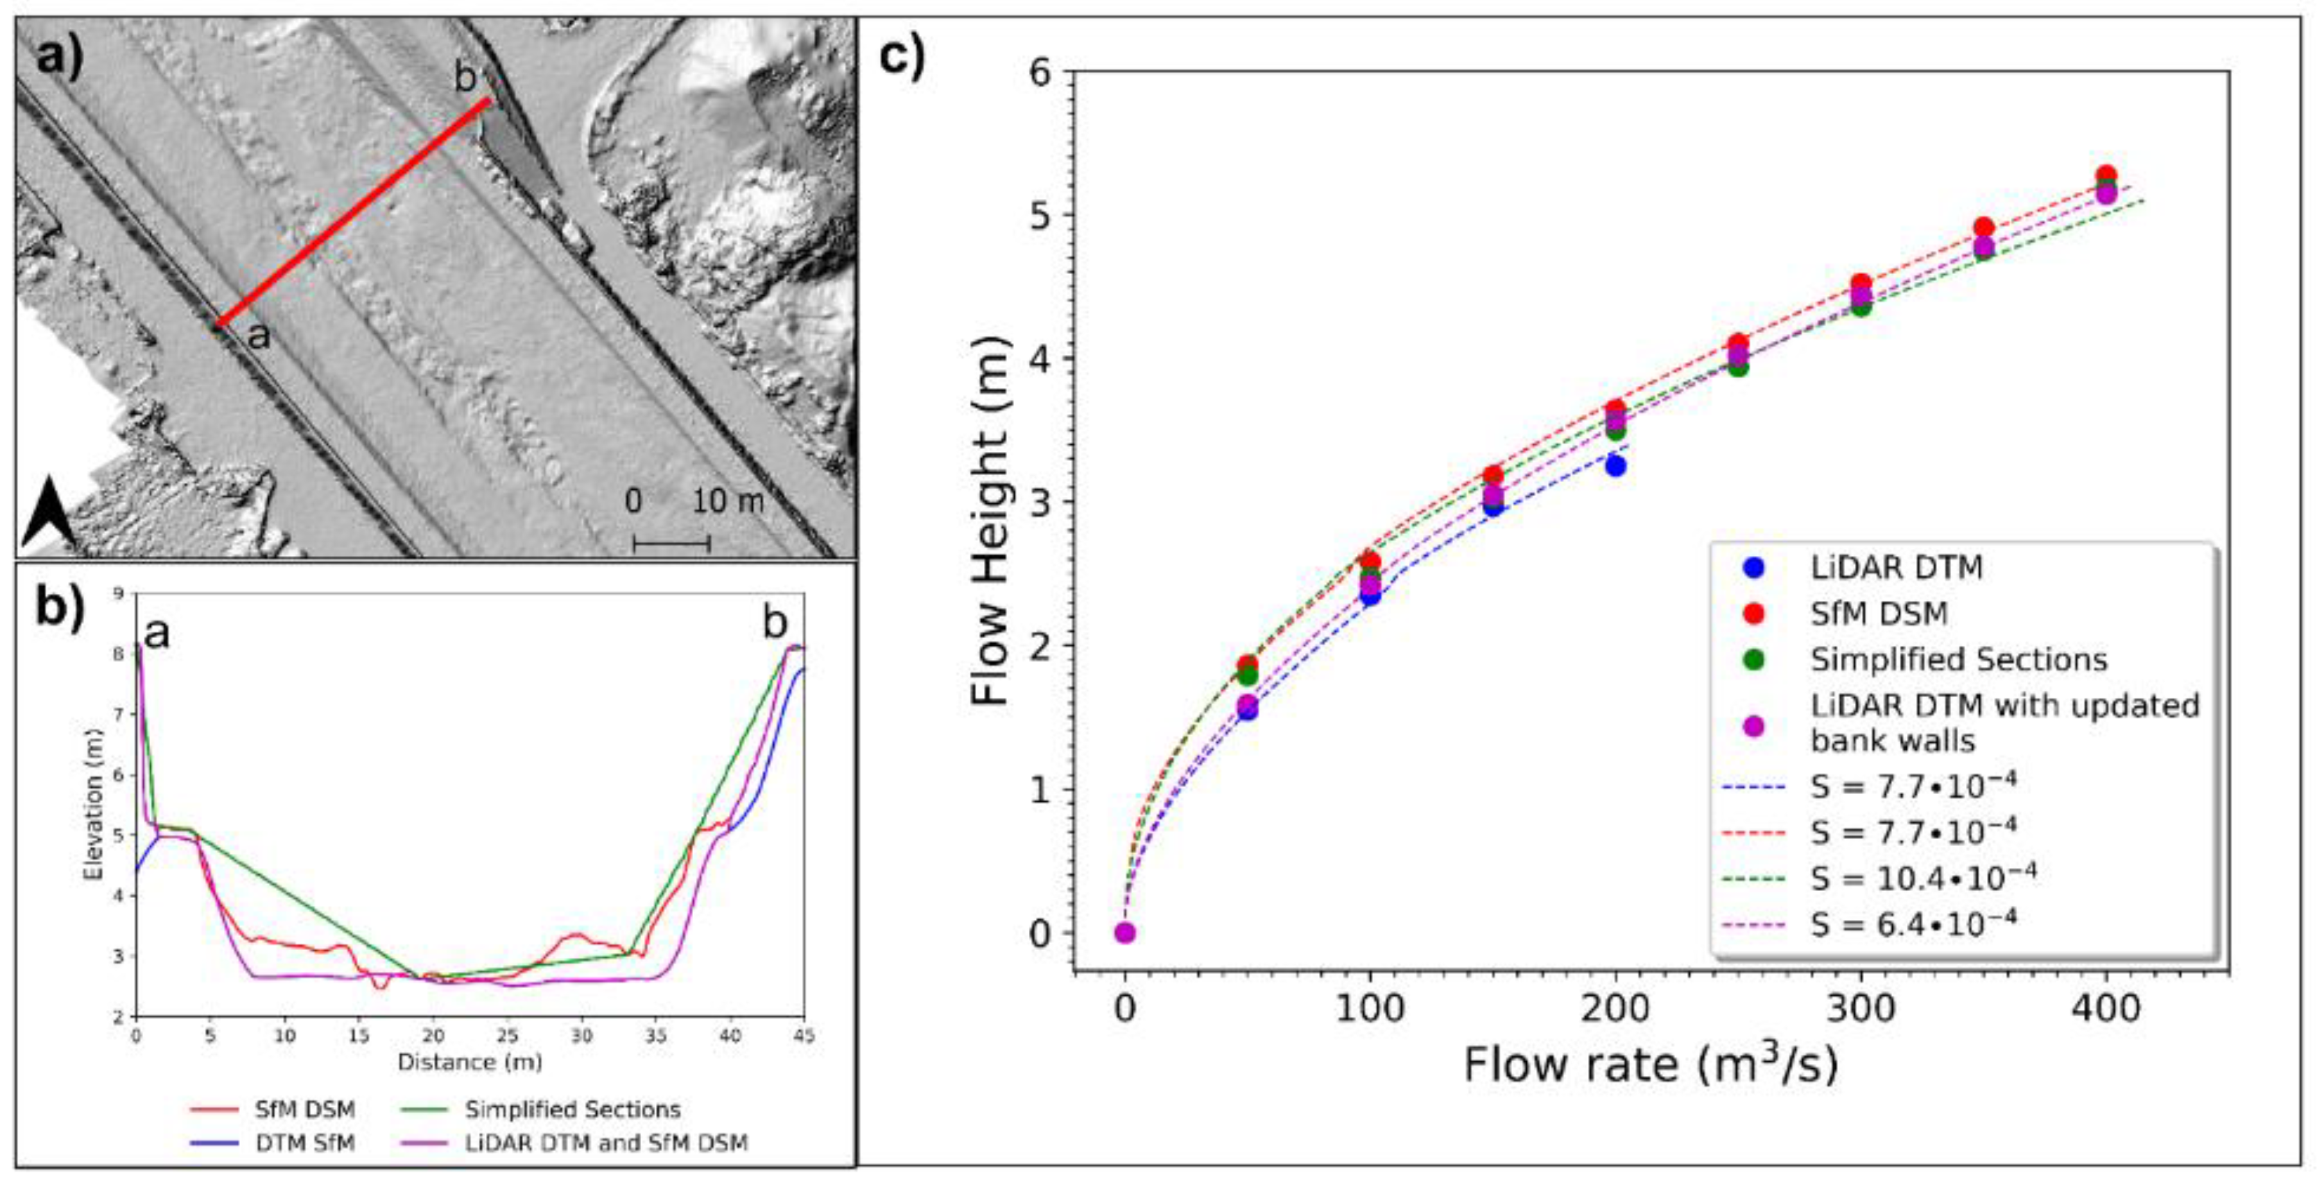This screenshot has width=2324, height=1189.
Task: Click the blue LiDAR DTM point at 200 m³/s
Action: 1615,465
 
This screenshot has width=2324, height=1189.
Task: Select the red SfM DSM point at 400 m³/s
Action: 2106,176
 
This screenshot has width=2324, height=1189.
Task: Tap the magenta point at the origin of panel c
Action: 1124,932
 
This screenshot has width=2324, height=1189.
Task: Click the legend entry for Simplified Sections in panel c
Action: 1958,659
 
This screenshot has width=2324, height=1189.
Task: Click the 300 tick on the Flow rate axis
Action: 1860,1008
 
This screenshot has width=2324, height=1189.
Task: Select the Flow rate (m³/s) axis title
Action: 1650,1064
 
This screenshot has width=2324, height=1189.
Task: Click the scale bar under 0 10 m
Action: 671,543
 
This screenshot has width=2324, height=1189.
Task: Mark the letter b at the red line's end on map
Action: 465,78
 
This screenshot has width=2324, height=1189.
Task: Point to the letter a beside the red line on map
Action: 259,336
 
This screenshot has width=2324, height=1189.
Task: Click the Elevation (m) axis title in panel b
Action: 91,804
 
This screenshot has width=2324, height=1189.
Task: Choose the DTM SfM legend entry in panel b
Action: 305,1143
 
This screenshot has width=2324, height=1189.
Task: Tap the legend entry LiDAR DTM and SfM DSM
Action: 607,1143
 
